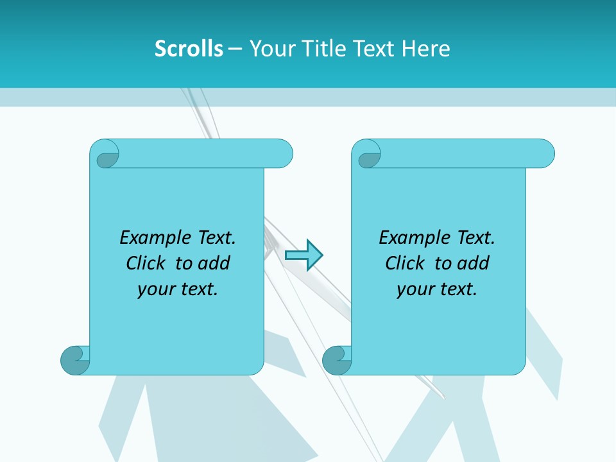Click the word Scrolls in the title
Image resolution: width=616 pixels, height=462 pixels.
click(x=189, y=49)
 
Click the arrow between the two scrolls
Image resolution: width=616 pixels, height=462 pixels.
click(x=304, y=255)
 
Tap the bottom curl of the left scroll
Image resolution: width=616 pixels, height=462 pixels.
click(x=75, y=360)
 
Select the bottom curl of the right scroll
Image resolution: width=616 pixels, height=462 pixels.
click(x=337, y=360)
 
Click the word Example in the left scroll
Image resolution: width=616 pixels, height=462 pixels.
click(x=149, y=238)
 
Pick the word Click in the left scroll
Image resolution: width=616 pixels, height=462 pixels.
click(x=146, y=263)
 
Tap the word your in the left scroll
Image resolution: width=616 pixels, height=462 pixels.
click(x=155, y=289)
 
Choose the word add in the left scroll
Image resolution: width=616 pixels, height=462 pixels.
click(x=214, y=263)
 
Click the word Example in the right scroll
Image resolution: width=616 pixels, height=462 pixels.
click(x=408, y=238)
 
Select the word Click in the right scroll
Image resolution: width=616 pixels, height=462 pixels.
click(x=405, y=263)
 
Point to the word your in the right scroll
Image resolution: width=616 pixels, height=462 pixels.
click(x=414, y=289)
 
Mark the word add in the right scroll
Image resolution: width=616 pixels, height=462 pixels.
click(x=473, y=263)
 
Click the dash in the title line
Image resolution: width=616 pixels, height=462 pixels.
click(x=234, y=49)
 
